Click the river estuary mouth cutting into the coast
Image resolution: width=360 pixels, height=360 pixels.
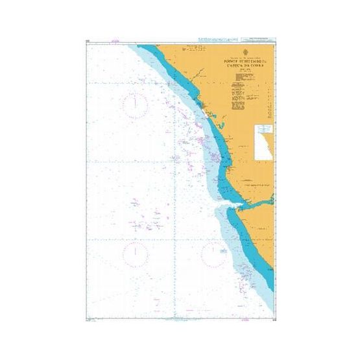pos(234,207)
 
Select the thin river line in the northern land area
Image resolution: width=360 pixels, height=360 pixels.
pos(195,49)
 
